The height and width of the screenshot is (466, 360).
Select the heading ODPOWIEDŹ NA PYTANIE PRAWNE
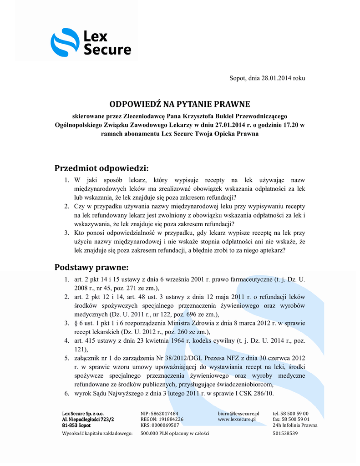tap(180, 104)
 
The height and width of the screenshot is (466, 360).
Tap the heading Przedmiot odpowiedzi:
tap(102, 168)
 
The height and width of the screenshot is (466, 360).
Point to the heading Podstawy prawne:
tap(92, 266)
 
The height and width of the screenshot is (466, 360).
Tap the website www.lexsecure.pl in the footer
tap(237, 419)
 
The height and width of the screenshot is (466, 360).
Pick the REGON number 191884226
tap(168, 419)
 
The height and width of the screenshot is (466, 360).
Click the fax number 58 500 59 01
tap(297, 419)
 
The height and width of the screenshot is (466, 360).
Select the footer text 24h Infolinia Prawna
tap(295, 425)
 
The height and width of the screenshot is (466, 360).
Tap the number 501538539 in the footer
tap(285, 433)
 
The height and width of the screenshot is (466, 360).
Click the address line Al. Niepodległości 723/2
tap(88, 419)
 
